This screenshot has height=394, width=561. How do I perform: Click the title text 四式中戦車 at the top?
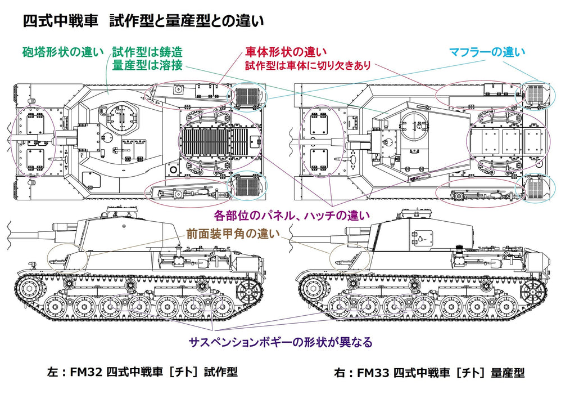tap(53, 21)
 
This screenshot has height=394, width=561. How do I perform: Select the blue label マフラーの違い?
tap(487, 52)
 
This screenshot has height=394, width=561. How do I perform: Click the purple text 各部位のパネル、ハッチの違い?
tap(292, 214)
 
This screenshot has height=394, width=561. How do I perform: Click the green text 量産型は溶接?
tap(147, 65)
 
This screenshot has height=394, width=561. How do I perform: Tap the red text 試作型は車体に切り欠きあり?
tap(307, 66)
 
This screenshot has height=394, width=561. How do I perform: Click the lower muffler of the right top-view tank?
tap(536, 189)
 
